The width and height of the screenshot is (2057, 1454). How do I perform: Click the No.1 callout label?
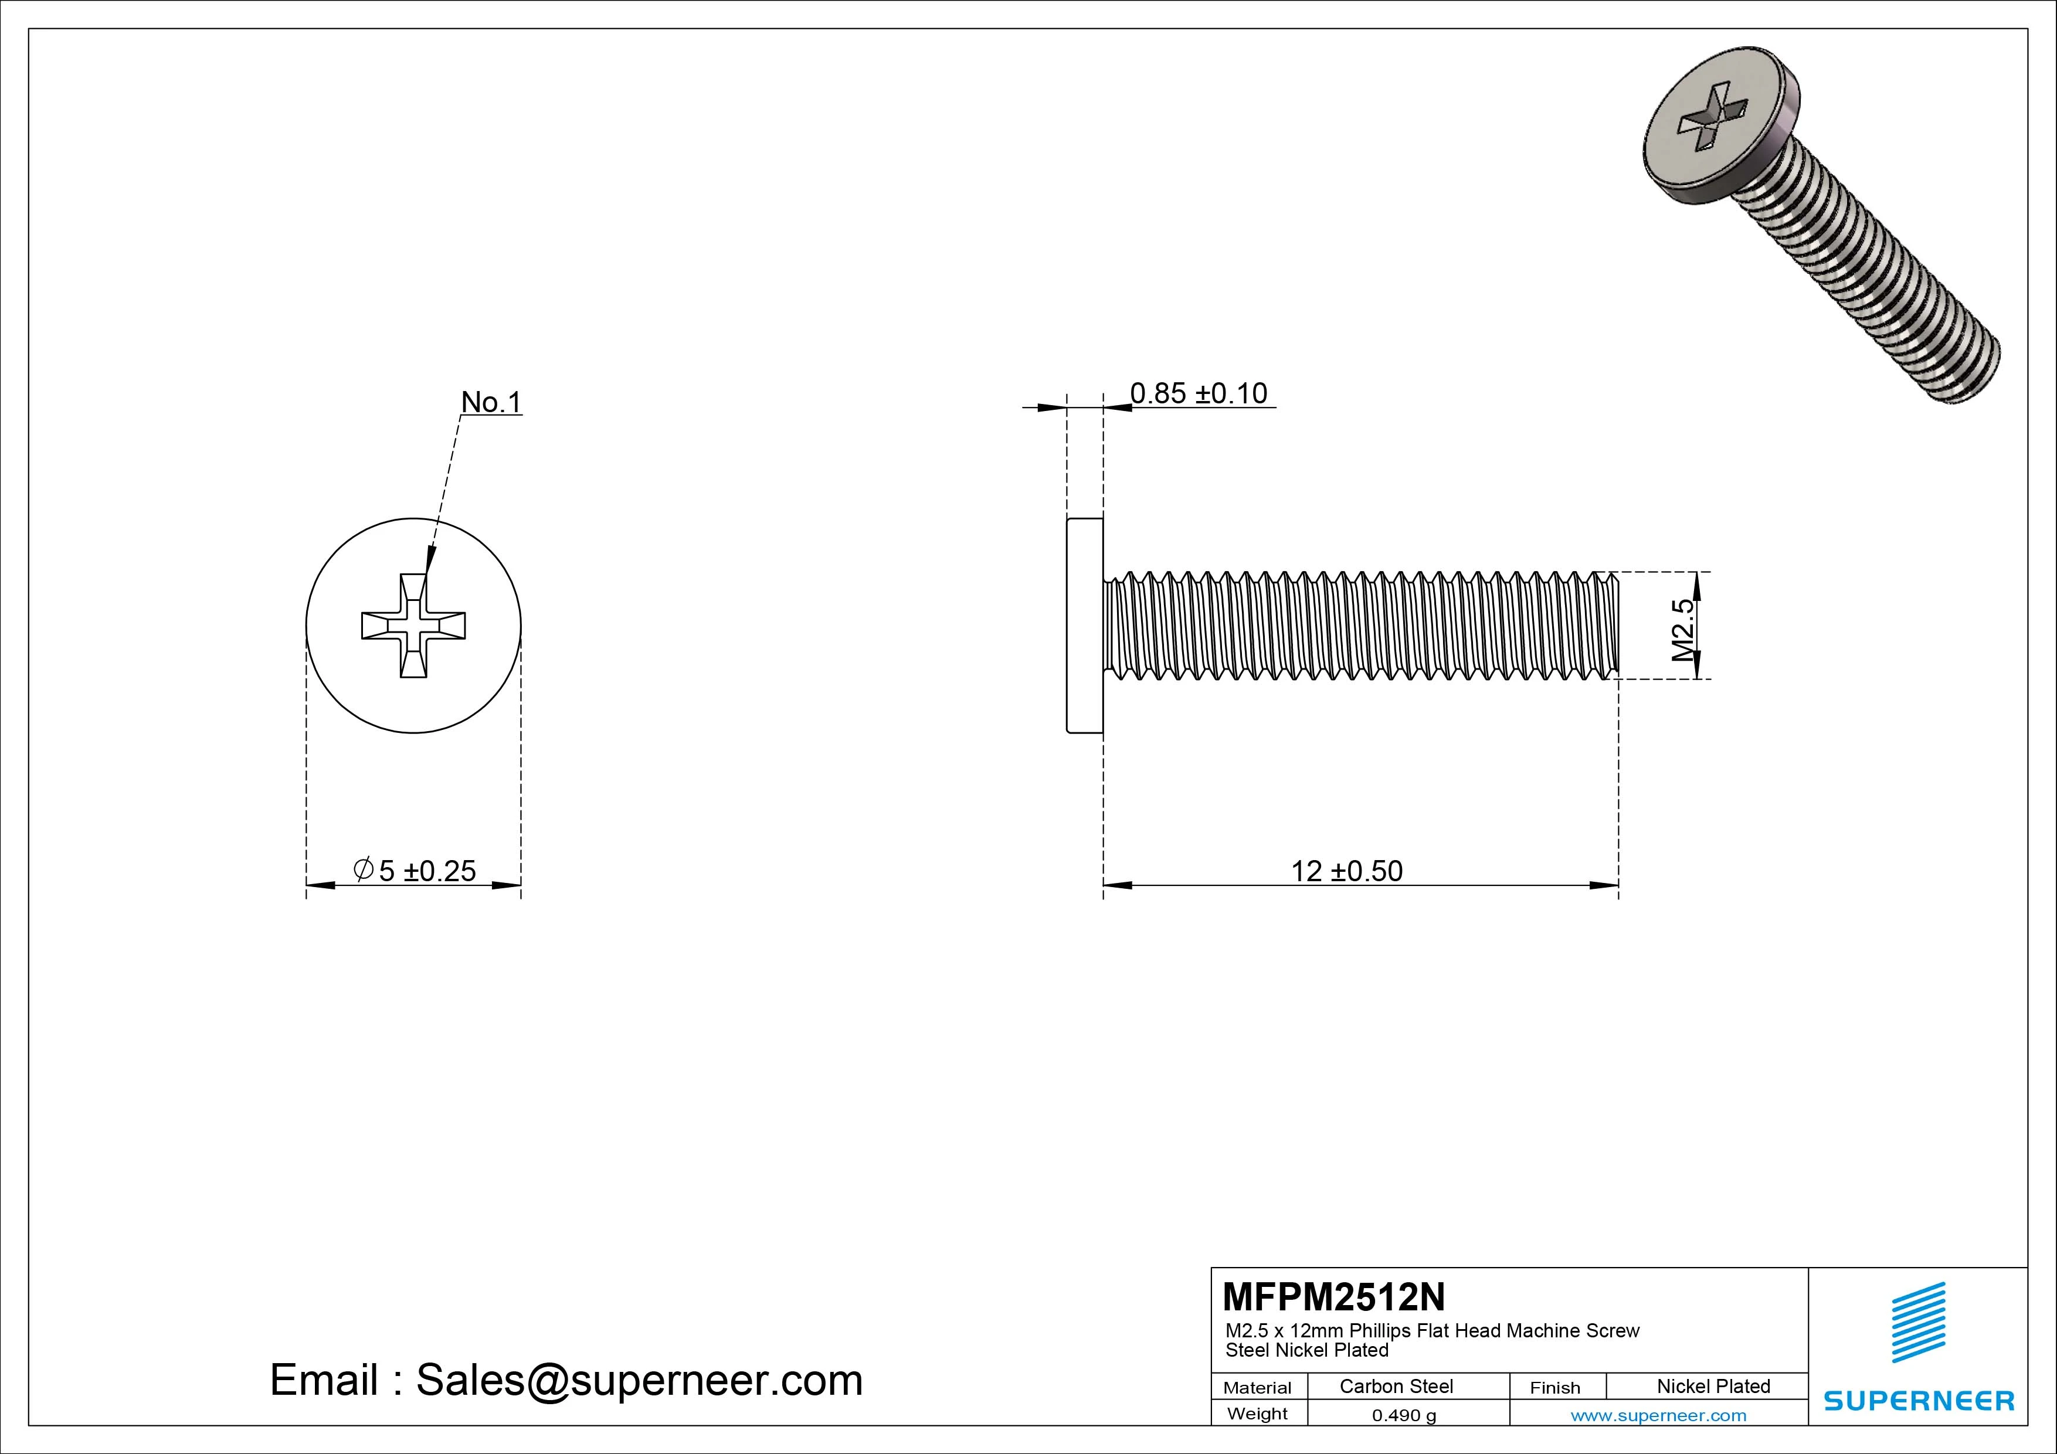click(x=490, y=402)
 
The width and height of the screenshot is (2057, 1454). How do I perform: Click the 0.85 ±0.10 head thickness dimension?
click(x=1198, y=393)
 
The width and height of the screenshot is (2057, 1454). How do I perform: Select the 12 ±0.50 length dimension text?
click(x=1346, y=871)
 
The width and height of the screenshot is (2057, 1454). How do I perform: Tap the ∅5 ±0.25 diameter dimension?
click(x=415, y=871)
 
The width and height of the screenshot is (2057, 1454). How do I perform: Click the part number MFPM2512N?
click(x=1333, y=1296)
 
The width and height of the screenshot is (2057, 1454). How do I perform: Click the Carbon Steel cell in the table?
click(x=1396, y=1386)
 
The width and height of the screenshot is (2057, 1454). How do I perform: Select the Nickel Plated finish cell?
click(x=1713, y=1386)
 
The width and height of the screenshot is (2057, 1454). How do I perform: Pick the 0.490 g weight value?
click(x=1404, y=1415)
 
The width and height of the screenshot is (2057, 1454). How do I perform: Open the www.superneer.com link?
click(x=1658, y=1415)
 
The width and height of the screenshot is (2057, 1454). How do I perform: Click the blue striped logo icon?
click(x=1918, y=1321)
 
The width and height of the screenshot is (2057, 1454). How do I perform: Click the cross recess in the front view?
click(x=413, y=626)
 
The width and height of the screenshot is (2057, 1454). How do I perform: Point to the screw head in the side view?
click(x=1085, y=626)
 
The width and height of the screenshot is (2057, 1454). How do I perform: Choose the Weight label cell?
click(x=1257, y=1414)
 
